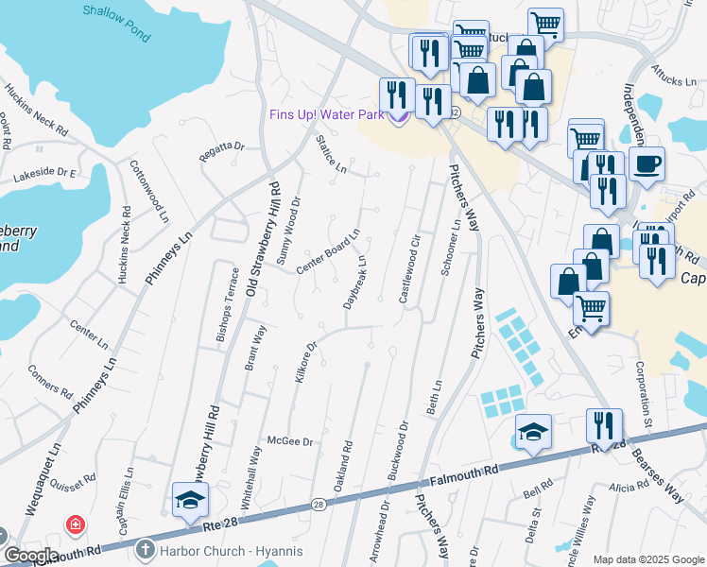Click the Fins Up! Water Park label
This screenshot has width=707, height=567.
[326, 115]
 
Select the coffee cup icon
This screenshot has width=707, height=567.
[647, 164]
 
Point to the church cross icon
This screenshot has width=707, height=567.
[146, 548]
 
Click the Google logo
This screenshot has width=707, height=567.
[30, 556]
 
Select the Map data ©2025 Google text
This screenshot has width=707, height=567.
[647, 559]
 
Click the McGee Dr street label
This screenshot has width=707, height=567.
[289, 441]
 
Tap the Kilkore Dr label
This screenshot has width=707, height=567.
[304, 364]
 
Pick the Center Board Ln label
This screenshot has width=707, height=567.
[328, 251]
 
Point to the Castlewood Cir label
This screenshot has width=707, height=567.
[409, 268]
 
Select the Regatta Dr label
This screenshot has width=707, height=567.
[222, 148]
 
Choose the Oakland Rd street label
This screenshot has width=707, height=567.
[343, 465]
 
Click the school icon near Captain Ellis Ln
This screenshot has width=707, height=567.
[190, 500]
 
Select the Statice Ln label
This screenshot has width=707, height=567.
[332, 156]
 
